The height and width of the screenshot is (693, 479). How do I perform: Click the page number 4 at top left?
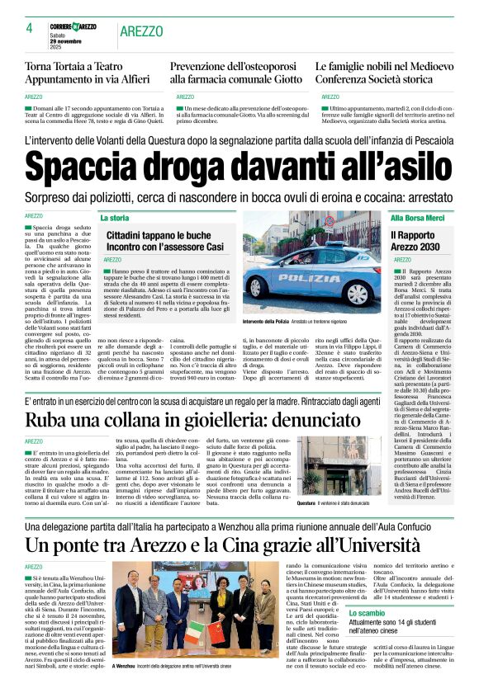[29, 28]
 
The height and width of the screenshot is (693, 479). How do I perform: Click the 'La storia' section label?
[115, 218]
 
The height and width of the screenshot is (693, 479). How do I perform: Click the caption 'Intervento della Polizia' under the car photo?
[267, 320]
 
